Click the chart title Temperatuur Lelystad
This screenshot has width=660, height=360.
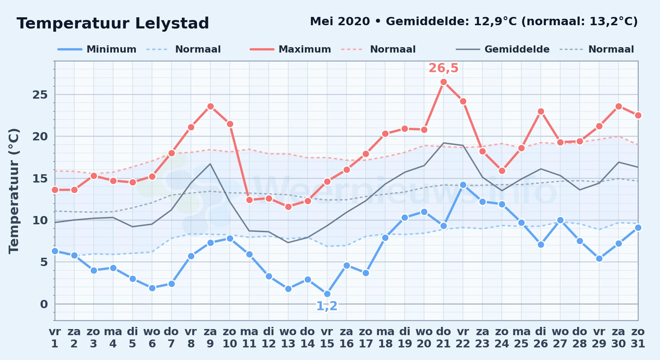pos(113,23)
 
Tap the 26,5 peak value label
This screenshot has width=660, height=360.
pos(443,68)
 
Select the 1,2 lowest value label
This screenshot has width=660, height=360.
pos(327,306)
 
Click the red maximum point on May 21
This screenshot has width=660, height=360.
pos(443,82)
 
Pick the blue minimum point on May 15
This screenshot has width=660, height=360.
pos(327,294)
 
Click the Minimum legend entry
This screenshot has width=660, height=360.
pos(97,49)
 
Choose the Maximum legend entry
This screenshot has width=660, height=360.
pos(290,49)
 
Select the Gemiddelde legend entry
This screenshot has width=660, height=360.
pos(503,49)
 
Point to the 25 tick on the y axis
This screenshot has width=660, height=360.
pos(40,95)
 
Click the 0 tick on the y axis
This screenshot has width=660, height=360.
pos(44,304)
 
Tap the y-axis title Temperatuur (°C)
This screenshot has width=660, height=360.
pos(14,191)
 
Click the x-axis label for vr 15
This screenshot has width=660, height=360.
pos(327,338)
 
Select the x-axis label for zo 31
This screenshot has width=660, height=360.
pos(638,338)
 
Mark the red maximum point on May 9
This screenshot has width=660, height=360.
pos(210,107)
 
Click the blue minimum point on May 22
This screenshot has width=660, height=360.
pos(463,185)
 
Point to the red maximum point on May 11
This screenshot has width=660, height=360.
pos(249,200)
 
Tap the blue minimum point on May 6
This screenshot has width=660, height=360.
pos(152,288)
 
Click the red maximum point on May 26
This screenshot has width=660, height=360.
pos(541,112)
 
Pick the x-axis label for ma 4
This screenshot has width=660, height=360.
pos(113,338)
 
